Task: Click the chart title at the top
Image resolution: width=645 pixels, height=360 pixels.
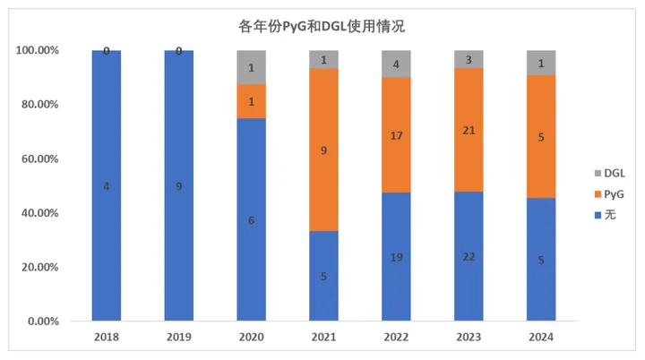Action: [x=322, y=26]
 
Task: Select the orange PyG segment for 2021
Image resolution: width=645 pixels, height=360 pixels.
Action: [x=323, y=150]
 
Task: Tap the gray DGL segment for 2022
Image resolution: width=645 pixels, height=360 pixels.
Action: [x=396, y=64]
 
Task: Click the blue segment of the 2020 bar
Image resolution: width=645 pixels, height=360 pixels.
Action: [x=251, y=219]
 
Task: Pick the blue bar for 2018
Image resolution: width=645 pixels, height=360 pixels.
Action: [x=107, y=185]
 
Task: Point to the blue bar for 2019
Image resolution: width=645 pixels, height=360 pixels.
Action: [x=179, y=185]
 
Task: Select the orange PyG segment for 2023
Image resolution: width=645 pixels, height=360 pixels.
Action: [x=469, y=130]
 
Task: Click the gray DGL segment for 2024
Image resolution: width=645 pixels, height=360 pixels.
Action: [x=541, y=63]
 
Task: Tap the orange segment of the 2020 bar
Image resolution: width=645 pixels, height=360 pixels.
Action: [x=251, y=101]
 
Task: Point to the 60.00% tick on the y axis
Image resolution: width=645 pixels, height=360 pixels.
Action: [x=38, y=159]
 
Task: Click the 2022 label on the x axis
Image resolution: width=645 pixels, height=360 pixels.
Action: [x=396, y=338]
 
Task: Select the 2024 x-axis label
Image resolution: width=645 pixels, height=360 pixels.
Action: [x=541, y=338]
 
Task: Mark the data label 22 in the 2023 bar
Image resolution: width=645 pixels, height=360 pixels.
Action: [x=469, y=257]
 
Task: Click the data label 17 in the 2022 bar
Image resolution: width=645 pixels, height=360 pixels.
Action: [x=396, y=136]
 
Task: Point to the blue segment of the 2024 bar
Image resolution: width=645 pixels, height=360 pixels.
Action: [x=541, y=260]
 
